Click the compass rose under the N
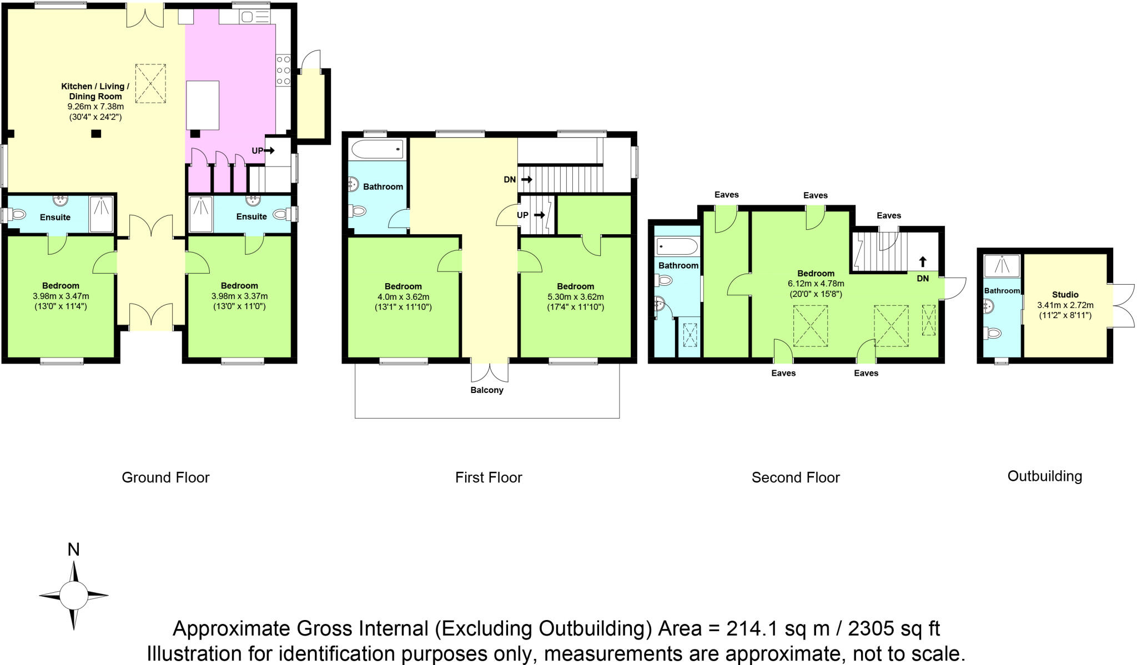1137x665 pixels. point(74,596)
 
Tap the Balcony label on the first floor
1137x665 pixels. point(487,390)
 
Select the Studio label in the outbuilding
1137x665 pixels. point(1065,295)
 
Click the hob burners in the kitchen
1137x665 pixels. point(283,70)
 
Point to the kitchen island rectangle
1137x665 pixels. point(203,105)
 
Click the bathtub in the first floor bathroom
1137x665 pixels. point(378,149)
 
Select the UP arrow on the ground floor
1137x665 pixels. point(269,150)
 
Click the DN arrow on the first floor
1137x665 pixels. point(527,180)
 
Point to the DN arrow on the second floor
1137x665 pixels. point(923,262)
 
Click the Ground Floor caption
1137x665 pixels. point(165,477)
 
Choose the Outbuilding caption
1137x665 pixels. point(1045,476)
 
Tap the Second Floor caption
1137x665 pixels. point(796,477)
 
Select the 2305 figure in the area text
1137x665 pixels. point(872,628)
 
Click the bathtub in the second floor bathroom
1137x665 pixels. point(677,246)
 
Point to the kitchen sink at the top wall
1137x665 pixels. point(255,17)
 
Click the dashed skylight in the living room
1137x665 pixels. point(150,83)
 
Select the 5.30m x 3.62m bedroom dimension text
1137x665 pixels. point(576,297)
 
